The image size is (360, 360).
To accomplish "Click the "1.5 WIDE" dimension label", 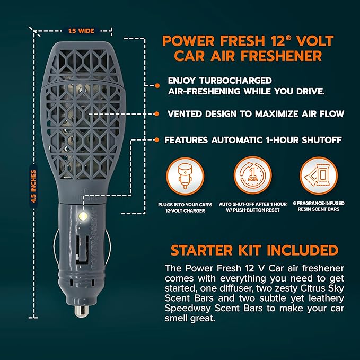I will click(81, 31).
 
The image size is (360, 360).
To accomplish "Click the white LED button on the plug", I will click(82, 217).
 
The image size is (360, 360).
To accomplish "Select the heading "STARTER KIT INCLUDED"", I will click(254, 250).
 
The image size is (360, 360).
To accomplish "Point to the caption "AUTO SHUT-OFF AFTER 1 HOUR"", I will click(252, 204).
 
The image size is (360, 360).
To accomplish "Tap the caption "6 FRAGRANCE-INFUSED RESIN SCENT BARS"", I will click(319, 207).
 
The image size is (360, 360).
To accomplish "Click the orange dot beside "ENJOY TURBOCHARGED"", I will click(157, 85).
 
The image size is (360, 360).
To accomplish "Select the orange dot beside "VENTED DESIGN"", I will click(157, 113).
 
